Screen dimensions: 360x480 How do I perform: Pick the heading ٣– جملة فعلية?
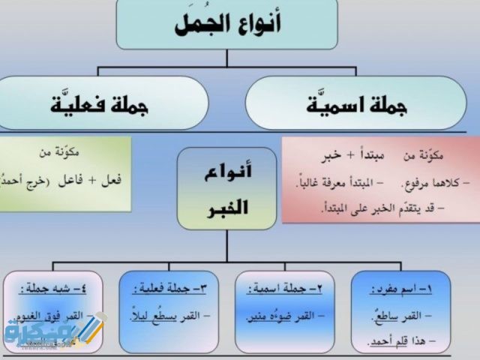(167, 287)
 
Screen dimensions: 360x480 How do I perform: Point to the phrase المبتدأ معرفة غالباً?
(331, 180)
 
